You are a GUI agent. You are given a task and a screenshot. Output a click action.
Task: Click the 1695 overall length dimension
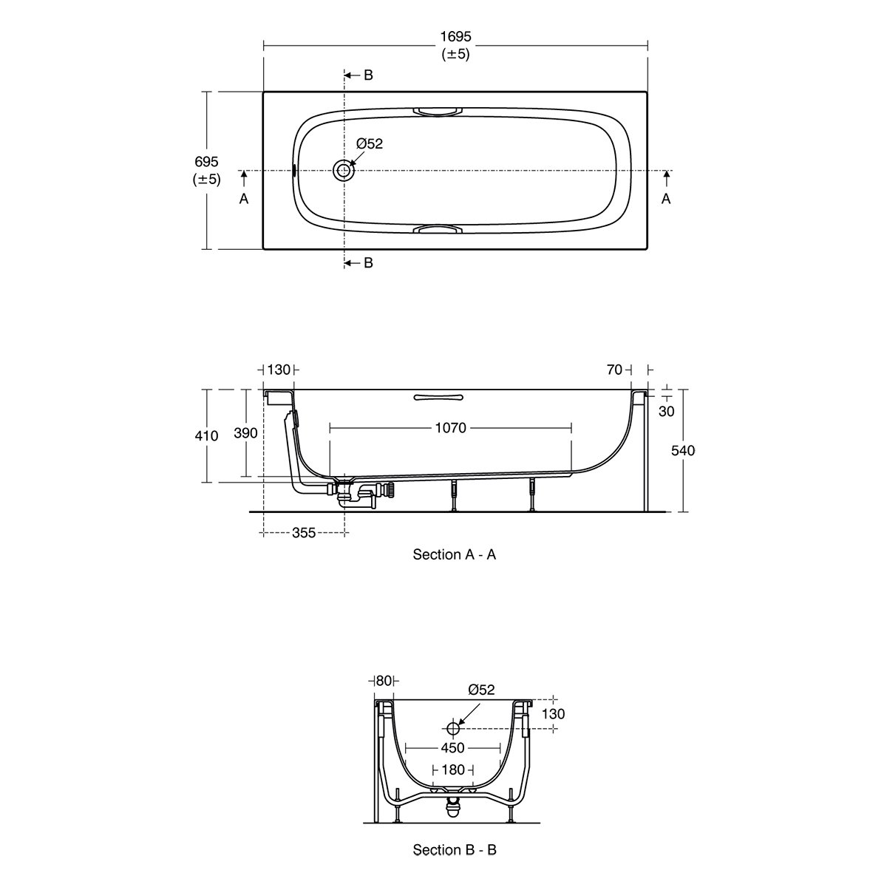click(x=456, y=36)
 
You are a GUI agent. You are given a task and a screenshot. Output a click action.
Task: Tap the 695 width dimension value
click(x=206, y=162)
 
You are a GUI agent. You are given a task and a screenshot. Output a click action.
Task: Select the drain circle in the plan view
click(x=344, y=170)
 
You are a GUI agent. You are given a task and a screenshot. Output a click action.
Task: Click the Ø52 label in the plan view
click(x=369, y=143)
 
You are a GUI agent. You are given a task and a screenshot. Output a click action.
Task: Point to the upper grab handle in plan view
click(x=437, y=112)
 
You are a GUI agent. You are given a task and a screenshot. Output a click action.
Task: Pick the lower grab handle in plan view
click(x=437, y=229)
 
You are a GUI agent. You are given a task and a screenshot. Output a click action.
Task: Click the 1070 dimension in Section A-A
click(x=451, y=428)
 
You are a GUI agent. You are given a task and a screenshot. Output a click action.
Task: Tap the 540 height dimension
click(x=683, y=450)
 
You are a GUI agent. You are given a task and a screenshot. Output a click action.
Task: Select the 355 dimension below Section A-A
click(x=304, y=532)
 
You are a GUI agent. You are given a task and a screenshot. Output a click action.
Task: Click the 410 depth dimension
click(x=206, y=435)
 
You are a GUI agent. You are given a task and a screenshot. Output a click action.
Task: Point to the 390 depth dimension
click(x=246, y=433)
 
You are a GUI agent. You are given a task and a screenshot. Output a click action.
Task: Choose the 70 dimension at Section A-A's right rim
click(x=614, y=370)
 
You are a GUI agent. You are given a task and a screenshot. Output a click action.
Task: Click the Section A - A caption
click(x=455, y=554)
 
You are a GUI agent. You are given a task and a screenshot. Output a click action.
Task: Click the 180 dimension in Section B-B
click(x=453, y=769)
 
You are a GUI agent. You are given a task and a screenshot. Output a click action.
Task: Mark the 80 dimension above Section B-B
click(x=384, y=680)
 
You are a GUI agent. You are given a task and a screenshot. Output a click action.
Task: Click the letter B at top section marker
click(x=368, y=75)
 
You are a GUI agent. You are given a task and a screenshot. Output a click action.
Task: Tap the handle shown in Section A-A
click(x=438, y=397)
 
